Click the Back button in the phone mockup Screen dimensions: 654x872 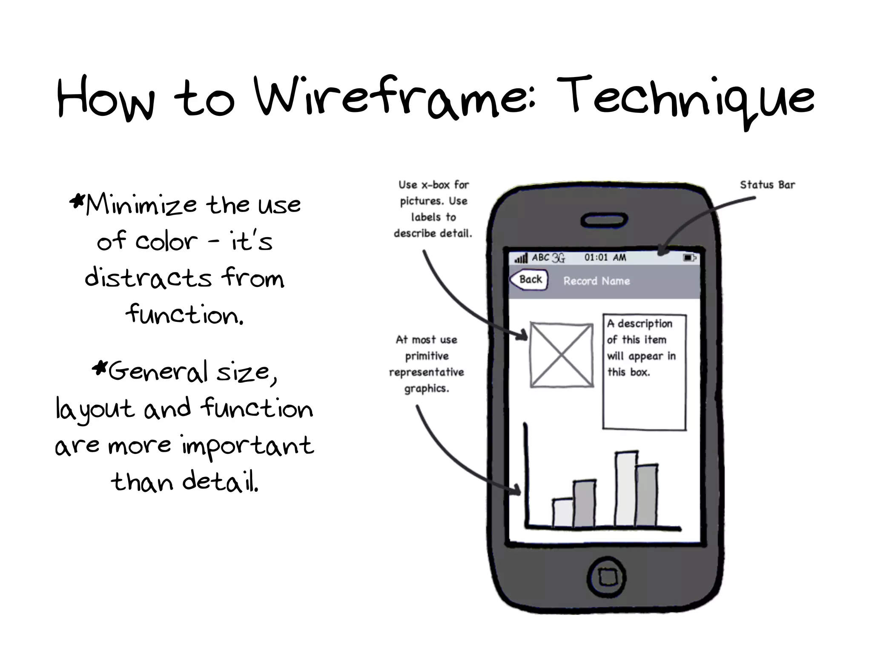click(x=529, y=280)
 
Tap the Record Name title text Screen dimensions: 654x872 click(x=597, y=281)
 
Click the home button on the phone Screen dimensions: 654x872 click(x=606, y=577)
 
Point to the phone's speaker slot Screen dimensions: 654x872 click(x=604, y=220)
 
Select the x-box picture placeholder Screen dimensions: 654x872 click(x=562, y=355)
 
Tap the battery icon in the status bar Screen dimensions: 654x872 click(x=689, y=258)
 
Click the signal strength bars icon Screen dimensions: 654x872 click(x=521, y=258)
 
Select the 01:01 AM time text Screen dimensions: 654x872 click(x=605, y=257)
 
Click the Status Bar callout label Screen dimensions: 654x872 click(x=767, y=185)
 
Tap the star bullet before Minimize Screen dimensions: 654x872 click(x=77, y=201)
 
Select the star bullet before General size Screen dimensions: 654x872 click(x=100, y=367)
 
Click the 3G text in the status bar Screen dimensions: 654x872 click(x=558, y=258)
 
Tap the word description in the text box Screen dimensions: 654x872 click(x=645, y=324)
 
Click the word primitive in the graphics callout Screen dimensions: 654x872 click(x=427, y=356)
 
